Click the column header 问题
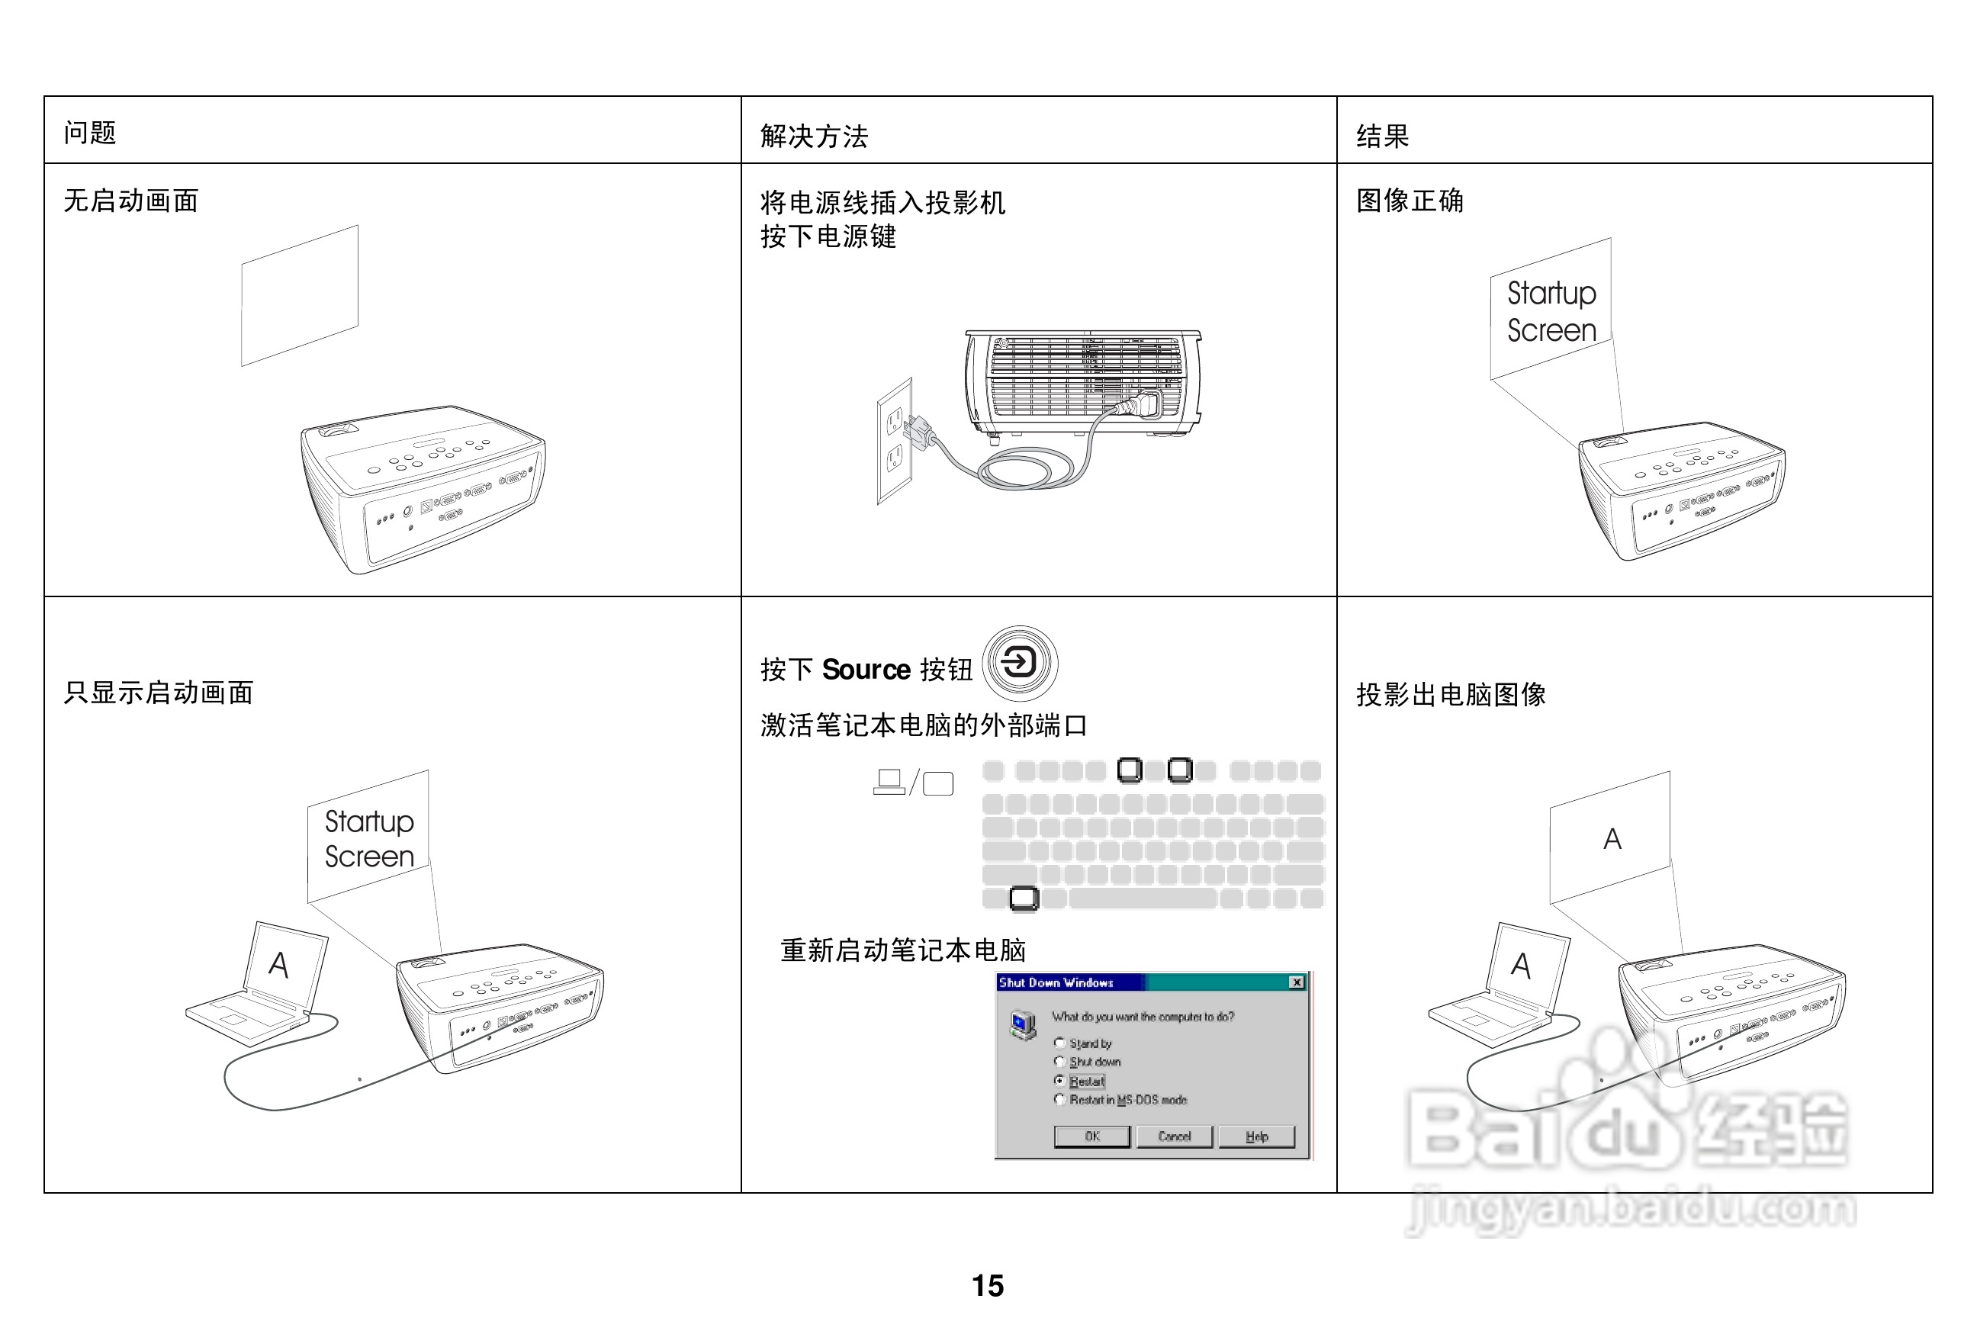(x=90, y=133)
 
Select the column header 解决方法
(x=814, y=137)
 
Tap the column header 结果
(x=1382, y=137)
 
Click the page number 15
(x=988, y=1285)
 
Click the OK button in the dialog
(x=1092, y=1136)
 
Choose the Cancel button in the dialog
(x=1175, y=1136)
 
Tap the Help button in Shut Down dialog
(x=1257, y=1136)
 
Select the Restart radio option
(x=1060, y=1081)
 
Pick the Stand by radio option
(x=1060, y=1043)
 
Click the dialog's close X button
(x=1297, y=982)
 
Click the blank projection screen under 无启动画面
(x=300, y=295)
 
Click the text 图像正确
(x=1410, y=201)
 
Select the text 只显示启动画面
(x=158, y=693)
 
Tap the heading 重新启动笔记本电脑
(x=903, y=950)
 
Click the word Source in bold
(x=866, y=670)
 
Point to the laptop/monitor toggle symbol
(x=913, y=783)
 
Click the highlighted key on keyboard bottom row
(x=1023, y=898)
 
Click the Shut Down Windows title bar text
(x=1056, y=982)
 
